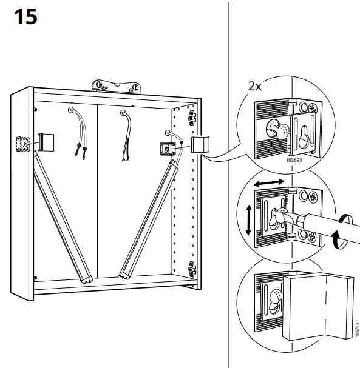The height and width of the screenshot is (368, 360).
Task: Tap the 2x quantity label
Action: coord(255,86)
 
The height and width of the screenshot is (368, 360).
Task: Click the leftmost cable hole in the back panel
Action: coord(72,110)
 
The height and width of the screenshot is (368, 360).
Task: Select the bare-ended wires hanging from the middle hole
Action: coord(128,139)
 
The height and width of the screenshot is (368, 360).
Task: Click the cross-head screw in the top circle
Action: coord(311,110)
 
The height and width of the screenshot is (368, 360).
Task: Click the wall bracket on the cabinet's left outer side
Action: coord(22,145)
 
